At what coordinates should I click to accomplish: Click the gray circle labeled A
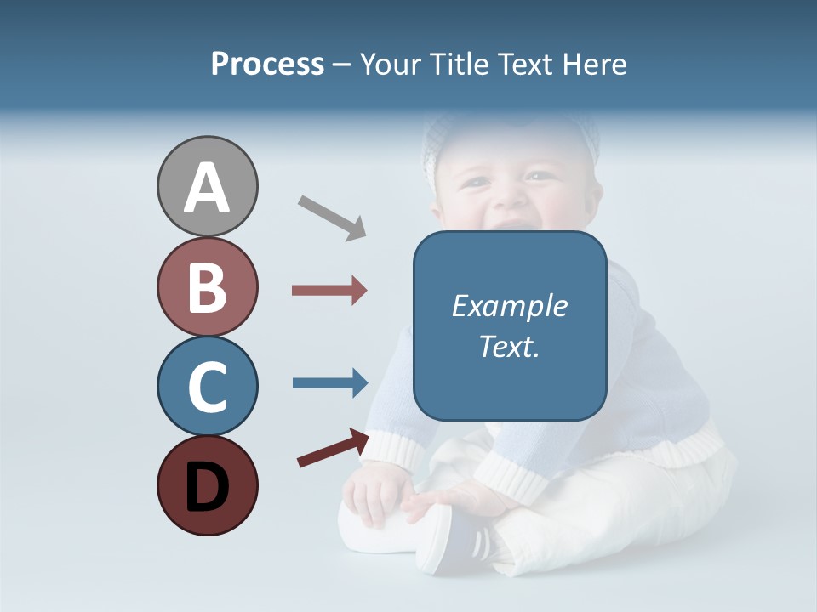(207, 186)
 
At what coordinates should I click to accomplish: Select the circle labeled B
(207, 286)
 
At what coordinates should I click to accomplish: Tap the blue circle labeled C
(207, 386)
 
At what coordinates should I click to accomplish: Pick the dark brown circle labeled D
(207, 485)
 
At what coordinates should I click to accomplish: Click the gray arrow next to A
(331, 217)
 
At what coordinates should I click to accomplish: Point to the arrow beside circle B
(329, 291)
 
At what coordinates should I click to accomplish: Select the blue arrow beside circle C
(329, 382)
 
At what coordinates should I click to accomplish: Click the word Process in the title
(267, 65)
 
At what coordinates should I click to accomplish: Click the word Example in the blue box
(509, 306)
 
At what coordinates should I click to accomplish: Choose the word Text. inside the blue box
(509, 347)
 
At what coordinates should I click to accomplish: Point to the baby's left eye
(538, 176)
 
